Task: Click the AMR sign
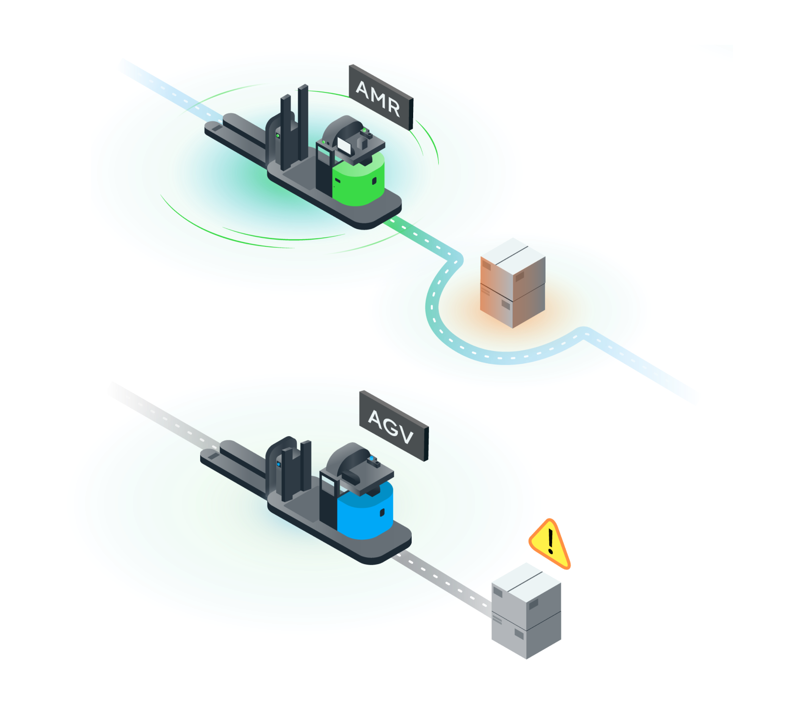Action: [x=381, y=97]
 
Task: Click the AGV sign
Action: [x=394, y=425]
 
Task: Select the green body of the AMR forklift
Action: [x=359, y=178]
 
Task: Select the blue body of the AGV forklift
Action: [x=366, y=510]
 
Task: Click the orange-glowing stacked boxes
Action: [x=513, y=283]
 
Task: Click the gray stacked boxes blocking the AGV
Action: [x=526, y=610]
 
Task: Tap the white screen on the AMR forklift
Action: [x=344, y=145]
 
